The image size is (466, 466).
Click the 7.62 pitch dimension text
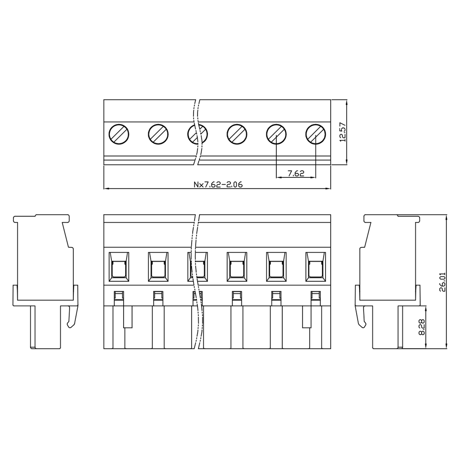click(x=296, y=173)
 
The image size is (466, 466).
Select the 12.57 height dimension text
click(x=343, y=132)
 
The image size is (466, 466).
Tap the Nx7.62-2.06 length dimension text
click(x=218, y=185)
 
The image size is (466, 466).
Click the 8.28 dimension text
click(x=422, y=327)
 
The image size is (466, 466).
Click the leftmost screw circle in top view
click(x=119, y=134)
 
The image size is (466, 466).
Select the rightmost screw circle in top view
click(x=316, y=134)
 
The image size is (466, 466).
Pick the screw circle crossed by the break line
click(x=198, y=134)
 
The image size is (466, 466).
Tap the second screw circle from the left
click(x=158, y=134)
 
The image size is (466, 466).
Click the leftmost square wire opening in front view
click(x=119, y=267)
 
